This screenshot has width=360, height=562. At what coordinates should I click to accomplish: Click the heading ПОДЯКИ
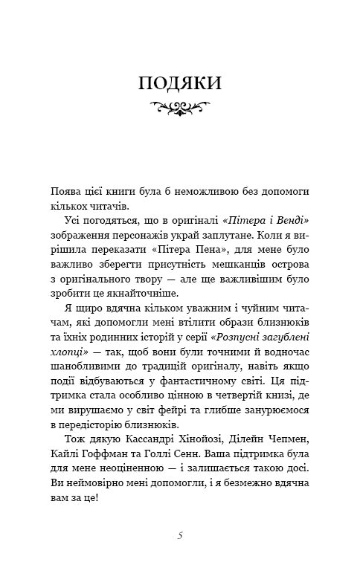tap(180, 83)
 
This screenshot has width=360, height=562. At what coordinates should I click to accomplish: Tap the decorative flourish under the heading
tap(180, 109)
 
